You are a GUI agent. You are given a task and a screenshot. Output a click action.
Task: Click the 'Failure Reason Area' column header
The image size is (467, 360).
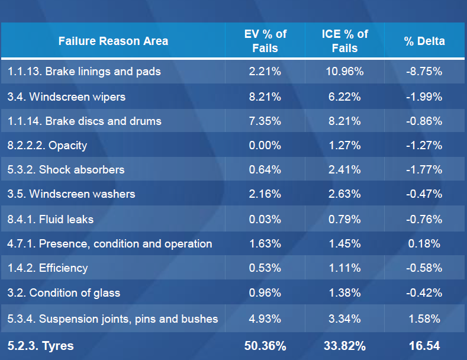pos(113,41)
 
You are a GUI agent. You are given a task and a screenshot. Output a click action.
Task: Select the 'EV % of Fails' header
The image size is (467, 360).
pos(265,41)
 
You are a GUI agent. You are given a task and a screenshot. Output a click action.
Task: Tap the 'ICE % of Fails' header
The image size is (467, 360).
pos(344,41)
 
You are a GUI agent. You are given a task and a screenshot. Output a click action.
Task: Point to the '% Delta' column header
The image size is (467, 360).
pos(424,41)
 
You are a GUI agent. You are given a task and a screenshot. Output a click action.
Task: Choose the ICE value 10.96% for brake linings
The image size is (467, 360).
pos(344,72)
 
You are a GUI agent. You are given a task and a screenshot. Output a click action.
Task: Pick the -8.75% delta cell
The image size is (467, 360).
pos(424,72)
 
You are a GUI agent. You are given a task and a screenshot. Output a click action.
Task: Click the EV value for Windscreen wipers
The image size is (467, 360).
pos(265,97)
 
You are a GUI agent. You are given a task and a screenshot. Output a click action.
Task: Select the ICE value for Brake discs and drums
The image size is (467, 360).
pos(344,121)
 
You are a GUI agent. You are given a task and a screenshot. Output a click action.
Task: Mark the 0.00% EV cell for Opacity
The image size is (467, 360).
pos(265,145)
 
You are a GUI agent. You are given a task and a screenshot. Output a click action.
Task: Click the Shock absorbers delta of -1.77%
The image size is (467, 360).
pos(424,170)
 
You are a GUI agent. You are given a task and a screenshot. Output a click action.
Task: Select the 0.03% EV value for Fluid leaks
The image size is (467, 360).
pos(265,219)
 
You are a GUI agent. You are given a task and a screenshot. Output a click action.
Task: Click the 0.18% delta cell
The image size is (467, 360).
pos(424,243)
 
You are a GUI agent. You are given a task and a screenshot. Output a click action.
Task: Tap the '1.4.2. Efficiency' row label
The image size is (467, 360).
pos(48,268)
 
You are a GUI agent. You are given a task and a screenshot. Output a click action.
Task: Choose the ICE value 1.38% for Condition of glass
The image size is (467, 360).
pos(344,292)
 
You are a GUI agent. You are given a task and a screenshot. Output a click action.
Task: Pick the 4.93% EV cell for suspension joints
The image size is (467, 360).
pos(265,319)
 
